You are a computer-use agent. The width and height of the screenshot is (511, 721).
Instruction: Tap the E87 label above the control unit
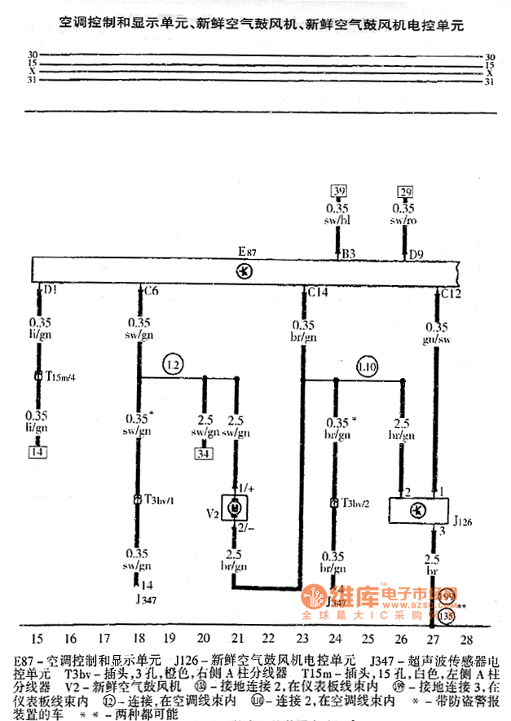tap(248, 253)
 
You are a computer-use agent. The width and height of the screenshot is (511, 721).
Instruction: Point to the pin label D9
tap(416, 253)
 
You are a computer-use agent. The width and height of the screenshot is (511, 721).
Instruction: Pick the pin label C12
tap(452, 290)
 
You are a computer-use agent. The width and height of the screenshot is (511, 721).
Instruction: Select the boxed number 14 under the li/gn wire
tap(37, 451)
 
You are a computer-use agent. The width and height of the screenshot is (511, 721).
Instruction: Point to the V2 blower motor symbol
tap(236, 508)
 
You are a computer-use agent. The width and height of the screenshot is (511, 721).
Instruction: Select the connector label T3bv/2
tap(355, 503)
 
